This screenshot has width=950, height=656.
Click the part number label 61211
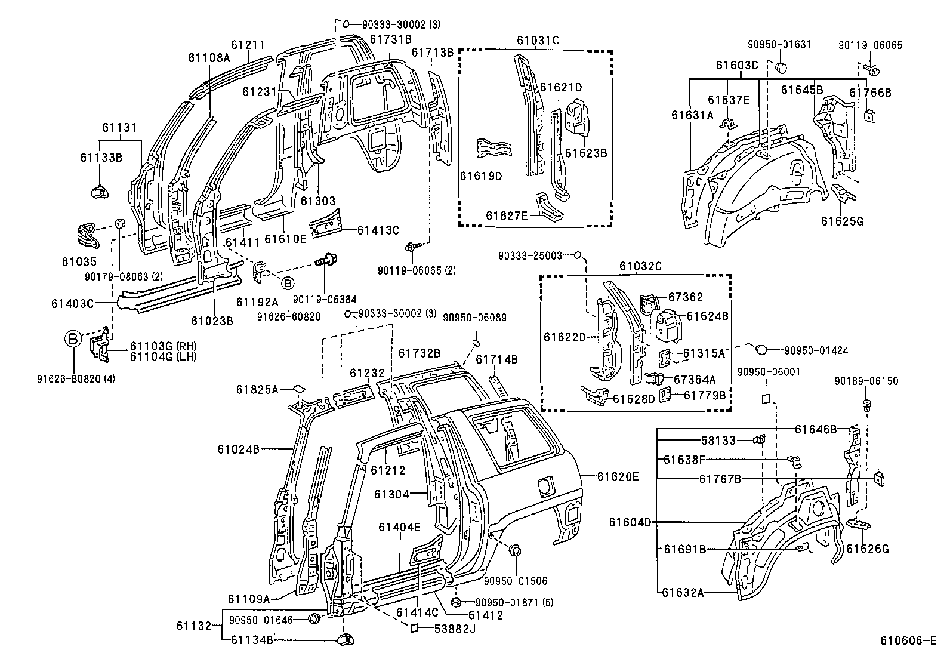point(248,45)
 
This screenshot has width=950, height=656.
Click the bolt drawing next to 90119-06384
point(325,261)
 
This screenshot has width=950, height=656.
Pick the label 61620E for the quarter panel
point(618,476)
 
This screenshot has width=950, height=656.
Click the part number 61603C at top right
point(738,64)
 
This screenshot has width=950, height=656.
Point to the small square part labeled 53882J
point(413,627)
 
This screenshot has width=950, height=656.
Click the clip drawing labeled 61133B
point(100,191)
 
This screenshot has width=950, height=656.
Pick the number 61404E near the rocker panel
point(399,526)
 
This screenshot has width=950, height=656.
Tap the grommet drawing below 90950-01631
point(780,66)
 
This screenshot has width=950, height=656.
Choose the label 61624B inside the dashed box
point(707,316)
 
